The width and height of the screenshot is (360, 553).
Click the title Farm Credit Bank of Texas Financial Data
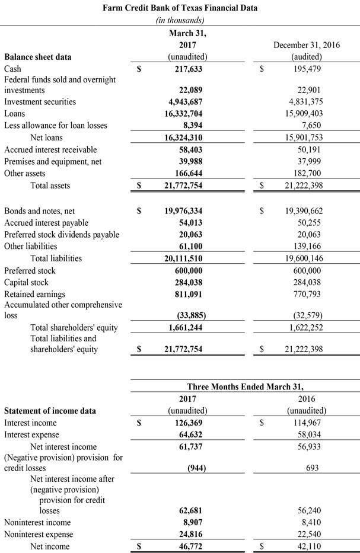point(180,8)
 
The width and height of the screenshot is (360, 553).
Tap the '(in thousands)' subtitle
point(180,20)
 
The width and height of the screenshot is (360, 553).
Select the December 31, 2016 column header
point(306,45)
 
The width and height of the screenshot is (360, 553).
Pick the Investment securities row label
point(40,102)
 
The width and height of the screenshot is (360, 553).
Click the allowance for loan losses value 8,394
point(193,126)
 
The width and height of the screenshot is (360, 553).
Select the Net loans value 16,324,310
point(183,138)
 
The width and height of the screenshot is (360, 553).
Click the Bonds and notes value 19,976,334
point(183,211)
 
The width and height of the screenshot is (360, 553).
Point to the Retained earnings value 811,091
point(187,294)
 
